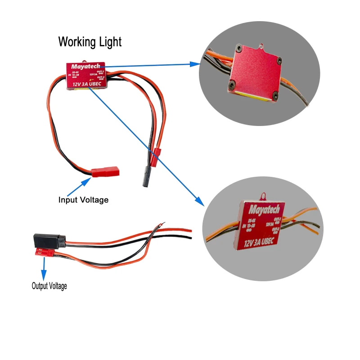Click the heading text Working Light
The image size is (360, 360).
point(90,42)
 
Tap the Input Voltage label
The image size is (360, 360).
point(83,199)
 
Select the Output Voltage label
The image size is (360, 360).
point(49,285)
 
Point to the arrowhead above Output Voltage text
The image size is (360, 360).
point(44,275)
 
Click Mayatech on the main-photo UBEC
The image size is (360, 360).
point(85,66)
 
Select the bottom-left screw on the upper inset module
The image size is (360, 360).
point(233,85)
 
